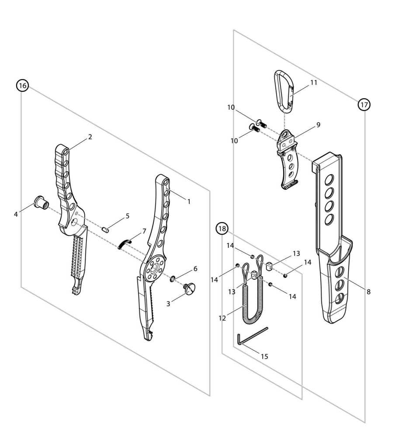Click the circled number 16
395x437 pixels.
point(22,86)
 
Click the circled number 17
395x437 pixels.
point(364,104)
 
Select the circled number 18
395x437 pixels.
point(222,228)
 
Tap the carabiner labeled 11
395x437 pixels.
point(283,90)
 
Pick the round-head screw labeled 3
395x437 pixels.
point(191,288)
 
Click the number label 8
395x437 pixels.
point(369,292)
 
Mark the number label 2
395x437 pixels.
point(90,137)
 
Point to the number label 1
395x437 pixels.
point(189,201)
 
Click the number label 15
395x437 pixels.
point(264,356)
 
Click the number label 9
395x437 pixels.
point(318,125)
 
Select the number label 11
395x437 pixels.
point(314,82)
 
